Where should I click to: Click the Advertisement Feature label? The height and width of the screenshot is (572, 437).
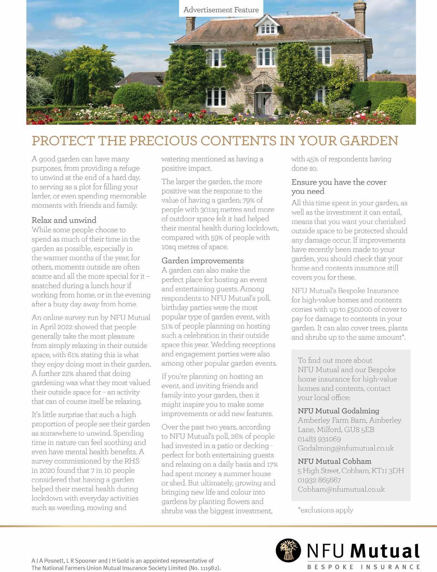pos(221,10)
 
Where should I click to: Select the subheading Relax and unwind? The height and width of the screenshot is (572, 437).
pos(64,220)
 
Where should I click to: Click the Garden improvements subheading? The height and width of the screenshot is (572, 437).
pos(202,261)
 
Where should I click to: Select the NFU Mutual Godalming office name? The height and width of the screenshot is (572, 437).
pos(338,411)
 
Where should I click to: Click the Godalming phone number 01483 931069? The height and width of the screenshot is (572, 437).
pos(319,439)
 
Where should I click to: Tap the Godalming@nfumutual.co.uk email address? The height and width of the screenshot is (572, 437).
pos(346,449)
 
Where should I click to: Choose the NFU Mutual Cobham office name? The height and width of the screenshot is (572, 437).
pos(334,461)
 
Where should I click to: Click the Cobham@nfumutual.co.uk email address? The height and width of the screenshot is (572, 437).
pos(341,489)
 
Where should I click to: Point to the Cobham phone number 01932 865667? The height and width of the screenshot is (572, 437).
pos(319,480)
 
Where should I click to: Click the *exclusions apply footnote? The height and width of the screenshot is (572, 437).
pos(326,510)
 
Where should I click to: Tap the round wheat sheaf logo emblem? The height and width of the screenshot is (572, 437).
pos(288,551)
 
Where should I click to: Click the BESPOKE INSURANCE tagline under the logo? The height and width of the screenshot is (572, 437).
pos(363,567)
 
